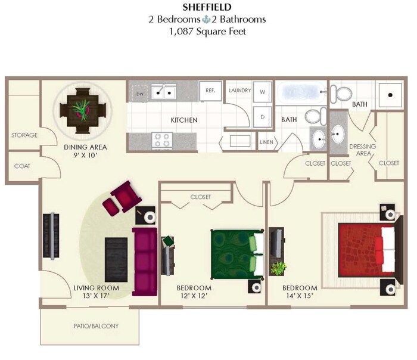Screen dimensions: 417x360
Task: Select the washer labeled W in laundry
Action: click(262, 92)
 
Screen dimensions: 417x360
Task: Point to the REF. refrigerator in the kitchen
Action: click(210, 91)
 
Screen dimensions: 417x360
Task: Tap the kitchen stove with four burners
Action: click(163, 140)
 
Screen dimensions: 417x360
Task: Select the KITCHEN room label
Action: click(184, 120)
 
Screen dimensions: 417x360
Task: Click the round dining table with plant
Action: click(82, 110)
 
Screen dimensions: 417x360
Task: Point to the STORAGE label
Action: click(24, 135)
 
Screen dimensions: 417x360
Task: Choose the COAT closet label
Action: click(23, 166)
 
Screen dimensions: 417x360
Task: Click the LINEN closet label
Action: click(266, 142)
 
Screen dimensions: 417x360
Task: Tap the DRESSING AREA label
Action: click(360, 150)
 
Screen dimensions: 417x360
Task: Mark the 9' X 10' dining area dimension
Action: click(80, 155)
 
